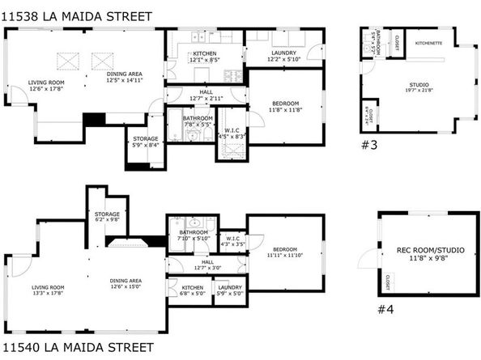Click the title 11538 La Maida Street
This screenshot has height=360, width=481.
(x=54, y=11)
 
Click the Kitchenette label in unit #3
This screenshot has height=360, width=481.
(x=428, y=43)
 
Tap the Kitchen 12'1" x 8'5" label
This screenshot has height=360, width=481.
(x=205, y=56)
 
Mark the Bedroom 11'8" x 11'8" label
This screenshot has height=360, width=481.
(x=284, y=105)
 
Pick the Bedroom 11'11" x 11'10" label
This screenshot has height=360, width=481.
(x=284, y=252)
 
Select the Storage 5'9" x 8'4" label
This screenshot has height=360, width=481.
(x=146, y=142)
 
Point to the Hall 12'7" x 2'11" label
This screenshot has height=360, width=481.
(x=206, y=95)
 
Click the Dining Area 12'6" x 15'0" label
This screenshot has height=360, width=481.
(x=125, y=283)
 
